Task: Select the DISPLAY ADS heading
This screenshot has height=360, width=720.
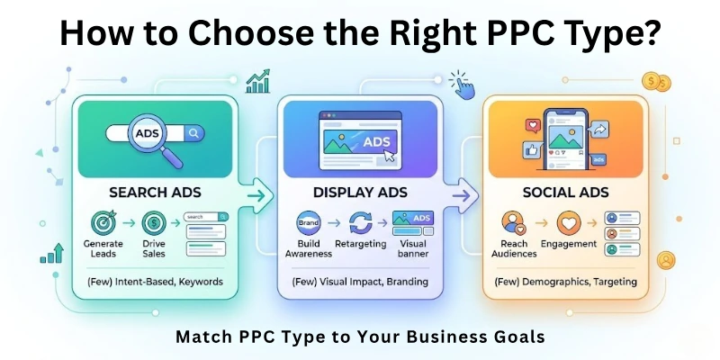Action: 361,193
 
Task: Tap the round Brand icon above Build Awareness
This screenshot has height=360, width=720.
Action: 308,221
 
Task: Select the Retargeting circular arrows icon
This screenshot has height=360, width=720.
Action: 360,221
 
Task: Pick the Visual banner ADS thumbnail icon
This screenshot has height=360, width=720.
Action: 413,221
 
